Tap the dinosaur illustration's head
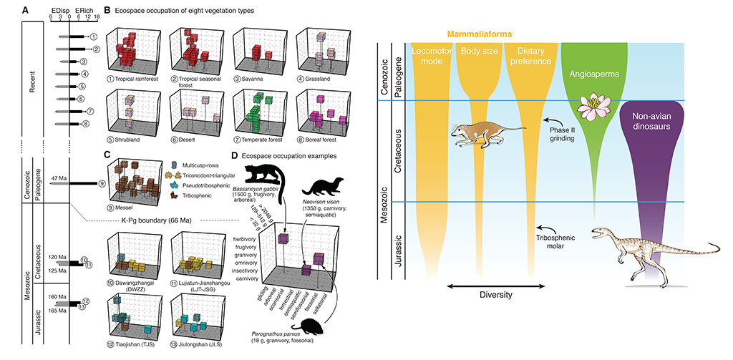[599, 234]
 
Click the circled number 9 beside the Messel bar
[102, 184]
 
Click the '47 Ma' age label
[59, 178]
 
